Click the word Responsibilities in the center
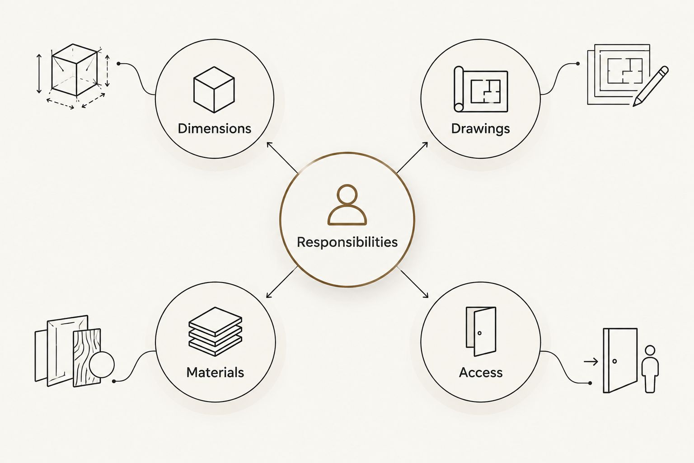[x=347, y=242]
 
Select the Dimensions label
[x=215, y=128]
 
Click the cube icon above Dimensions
[x=214, y=90]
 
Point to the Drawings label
[x=480, y=129]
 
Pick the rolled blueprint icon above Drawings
[x=481, y=89]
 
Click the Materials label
[x=215, y=373]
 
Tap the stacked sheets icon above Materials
[x=216, y=331]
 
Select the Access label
[x=481, y=373]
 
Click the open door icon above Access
[x=481, y=331]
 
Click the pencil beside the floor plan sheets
[x=650, y=86]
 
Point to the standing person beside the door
[x=650, y=369]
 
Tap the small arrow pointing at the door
[x=591, y=362]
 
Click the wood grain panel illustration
[x=86, y=358]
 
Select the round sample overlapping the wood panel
[x=102, y=365]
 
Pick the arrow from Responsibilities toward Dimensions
[x=282, y=157]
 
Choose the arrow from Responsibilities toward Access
[x=413, y=282]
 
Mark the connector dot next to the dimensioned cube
[x=118, y=64]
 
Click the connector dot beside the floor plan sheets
[x=578, y=64]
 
